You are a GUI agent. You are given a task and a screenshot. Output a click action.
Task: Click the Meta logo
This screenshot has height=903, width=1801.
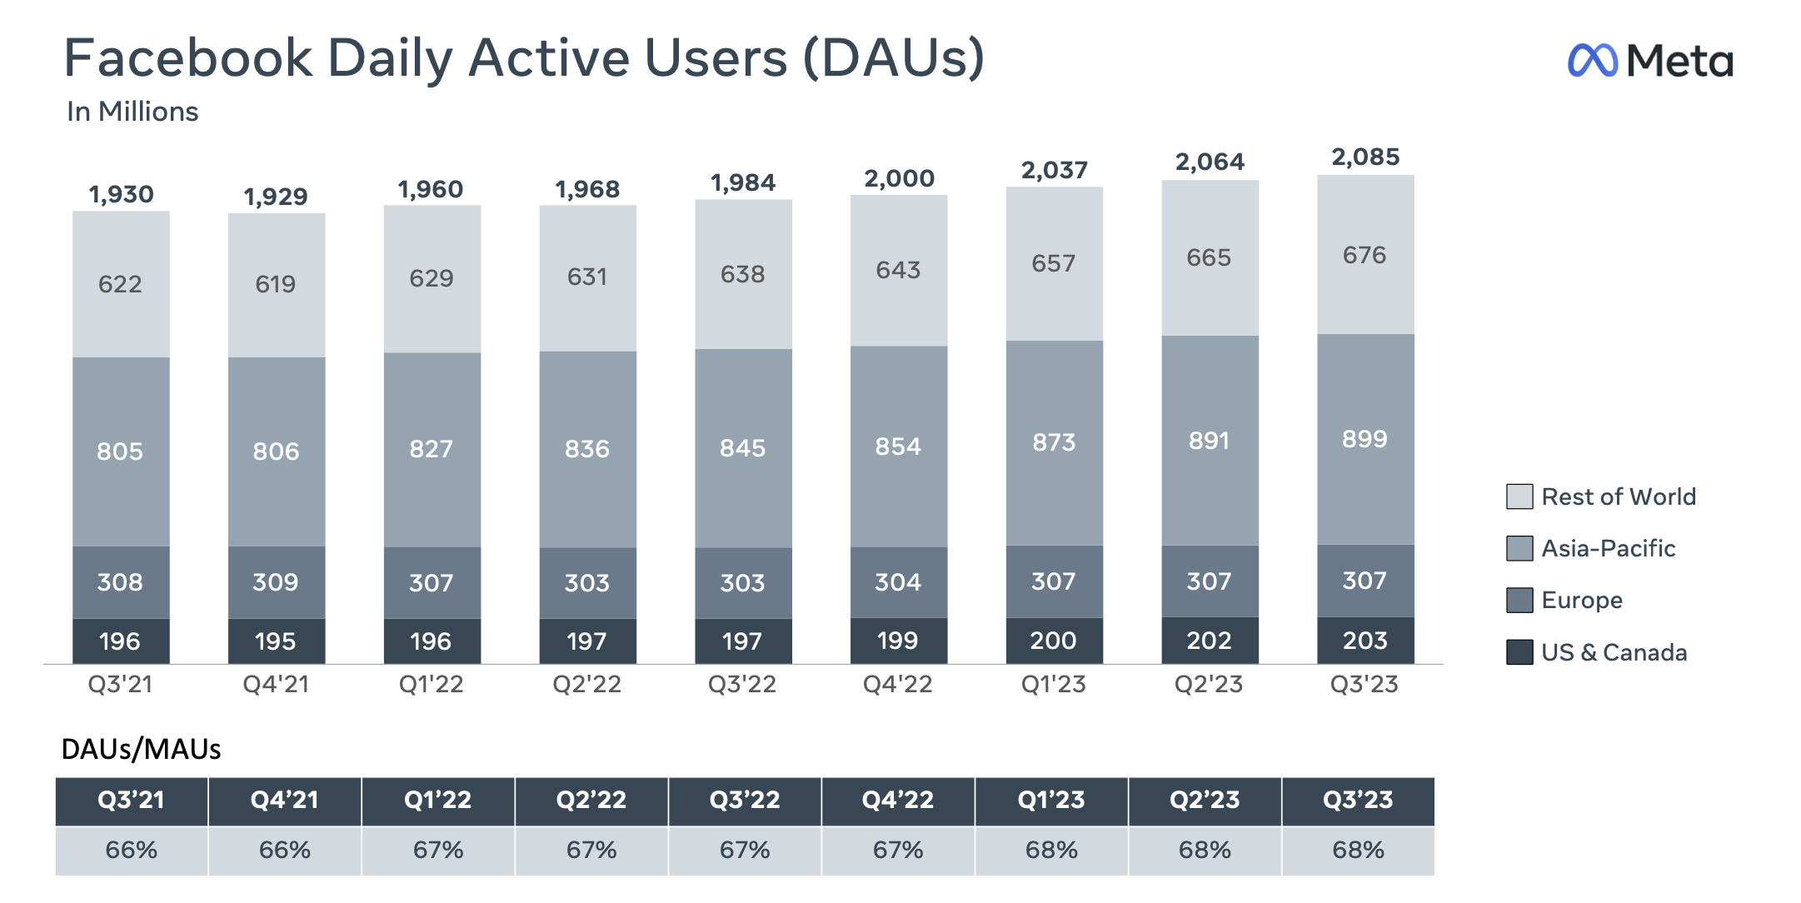1649,61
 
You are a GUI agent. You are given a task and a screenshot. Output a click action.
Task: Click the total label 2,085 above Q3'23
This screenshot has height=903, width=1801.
1365,157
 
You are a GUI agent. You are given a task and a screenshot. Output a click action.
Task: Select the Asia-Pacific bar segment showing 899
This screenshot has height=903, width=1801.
1365,439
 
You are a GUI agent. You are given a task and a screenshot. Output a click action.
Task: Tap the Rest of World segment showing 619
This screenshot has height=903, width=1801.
276,284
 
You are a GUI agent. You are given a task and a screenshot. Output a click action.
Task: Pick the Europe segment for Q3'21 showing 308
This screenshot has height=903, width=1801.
121,581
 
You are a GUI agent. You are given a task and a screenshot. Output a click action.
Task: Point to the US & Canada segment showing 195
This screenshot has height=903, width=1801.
276,641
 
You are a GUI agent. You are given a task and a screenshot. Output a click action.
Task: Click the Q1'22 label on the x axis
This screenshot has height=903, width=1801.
431,685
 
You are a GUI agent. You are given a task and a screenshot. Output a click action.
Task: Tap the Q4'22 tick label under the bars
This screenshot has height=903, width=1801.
897,685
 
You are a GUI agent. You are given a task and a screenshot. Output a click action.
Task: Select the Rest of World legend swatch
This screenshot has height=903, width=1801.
1519,496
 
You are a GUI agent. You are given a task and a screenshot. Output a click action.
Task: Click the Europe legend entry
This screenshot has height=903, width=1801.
1581,600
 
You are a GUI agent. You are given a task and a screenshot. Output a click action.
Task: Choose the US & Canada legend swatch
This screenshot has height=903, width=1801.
1519,652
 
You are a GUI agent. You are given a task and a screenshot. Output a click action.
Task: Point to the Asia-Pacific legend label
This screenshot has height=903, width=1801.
1608,548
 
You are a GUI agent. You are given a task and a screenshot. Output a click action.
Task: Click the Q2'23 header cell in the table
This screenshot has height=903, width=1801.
1205,801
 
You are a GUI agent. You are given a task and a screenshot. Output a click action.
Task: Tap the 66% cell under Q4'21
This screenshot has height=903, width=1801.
285,851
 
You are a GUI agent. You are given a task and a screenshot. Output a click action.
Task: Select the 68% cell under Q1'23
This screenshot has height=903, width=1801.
1051,851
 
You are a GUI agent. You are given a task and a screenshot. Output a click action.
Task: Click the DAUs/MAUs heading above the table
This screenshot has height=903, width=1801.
141,750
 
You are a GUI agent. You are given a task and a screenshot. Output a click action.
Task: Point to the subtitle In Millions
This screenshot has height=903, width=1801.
132,112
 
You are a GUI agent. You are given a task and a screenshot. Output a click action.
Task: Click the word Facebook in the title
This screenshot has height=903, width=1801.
188,58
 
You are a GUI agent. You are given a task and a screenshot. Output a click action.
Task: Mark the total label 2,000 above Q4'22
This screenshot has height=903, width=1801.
899,178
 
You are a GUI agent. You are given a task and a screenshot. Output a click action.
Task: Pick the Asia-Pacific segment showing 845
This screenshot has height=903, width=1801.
743,448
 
